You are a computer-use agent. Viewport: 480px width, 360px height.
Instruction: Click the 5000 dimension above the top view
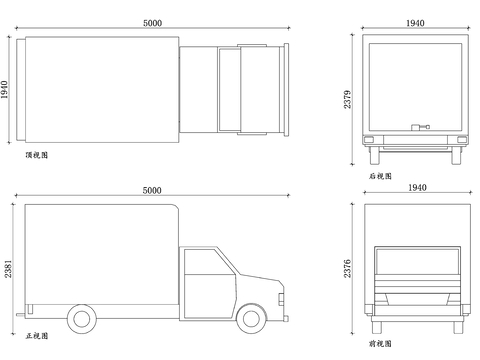pos(153,23)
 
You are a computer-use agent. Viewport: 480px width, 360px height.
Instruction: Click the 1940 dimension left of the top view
pos(6,90)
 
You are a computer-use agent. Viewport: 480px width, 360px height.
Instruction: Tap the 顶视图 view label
pos(37,155)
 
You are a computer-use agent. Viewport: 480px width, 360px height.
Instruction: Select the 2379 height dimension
pos(348,99)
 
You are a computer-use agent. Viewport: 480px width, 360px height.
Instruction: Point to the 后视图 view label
pos(380,176)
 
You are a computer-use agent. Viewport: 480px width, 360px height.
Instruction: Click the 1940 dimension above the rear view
pos(415,23)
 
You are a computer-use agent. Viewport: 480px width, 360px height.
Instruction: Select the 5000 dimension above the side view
pos(153,190)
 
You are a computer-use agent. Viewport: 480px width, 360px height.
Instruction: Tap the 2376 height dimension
pos(348,268)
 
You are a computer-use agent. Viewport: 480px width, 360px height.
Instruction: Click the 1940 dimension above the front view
pos(415,188)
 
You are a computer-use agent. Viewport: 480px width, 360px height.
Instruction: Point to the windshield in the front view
pos(415,262)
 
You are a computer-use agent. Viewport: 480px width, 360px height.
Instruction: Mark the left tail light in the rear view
pos(371,139)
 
